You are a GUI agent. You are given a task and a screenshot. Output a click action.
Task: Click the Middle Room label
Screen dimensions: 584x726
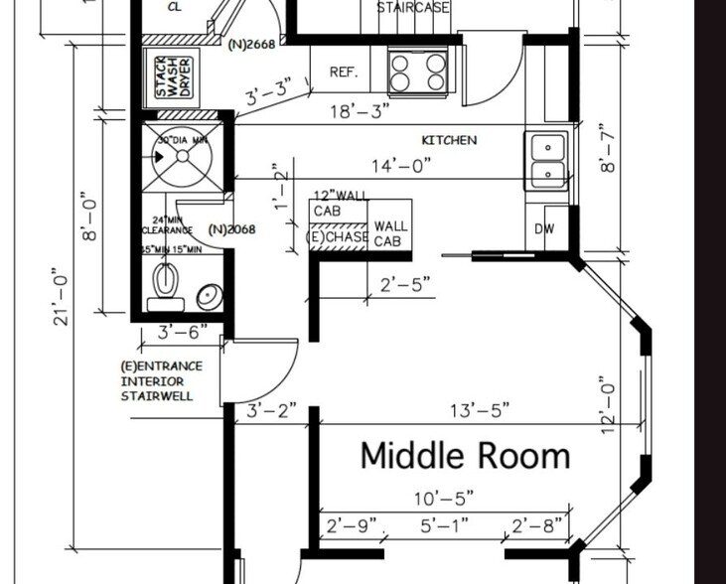point(465,456)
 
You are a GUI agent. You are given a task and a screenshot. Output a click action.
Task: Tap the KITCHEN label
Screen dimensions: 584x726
point(449,141)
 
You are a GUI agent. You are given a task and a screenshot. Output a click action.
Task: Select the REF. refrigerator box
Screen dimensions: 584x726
point(344,73)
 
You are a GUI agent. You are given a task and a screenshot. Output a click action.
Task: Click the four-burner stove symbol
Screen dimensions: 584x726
point(418,72)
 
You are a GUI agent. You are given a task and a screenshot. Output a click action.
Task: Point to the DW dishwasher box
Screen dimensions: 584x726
point(544,228)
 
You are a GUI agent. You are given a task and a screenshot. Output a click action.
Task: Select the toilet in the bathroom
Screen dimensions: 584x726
point(165,287)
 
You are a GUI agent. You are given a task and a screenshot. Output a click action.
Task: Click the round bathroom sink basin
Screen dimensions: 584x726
point(209,295)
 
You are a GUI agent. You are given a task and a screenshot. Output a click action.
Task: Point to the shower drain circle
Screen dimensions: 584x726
point(165,156)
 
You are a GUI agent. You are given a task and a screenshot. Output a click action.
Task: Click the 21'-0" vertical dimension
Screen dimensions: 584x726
point(62,296)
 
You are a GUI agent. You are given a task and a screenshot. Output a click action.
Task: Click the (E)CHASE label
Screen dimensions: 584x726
point(339,237)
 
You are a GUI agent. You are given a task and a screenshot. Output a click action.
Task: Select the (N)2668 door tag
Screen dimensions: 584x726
point(251,44)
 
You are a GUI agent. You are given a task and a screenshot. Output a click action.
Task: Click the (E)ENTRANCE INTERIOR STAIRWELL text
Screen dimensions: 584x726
point(161,381)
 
